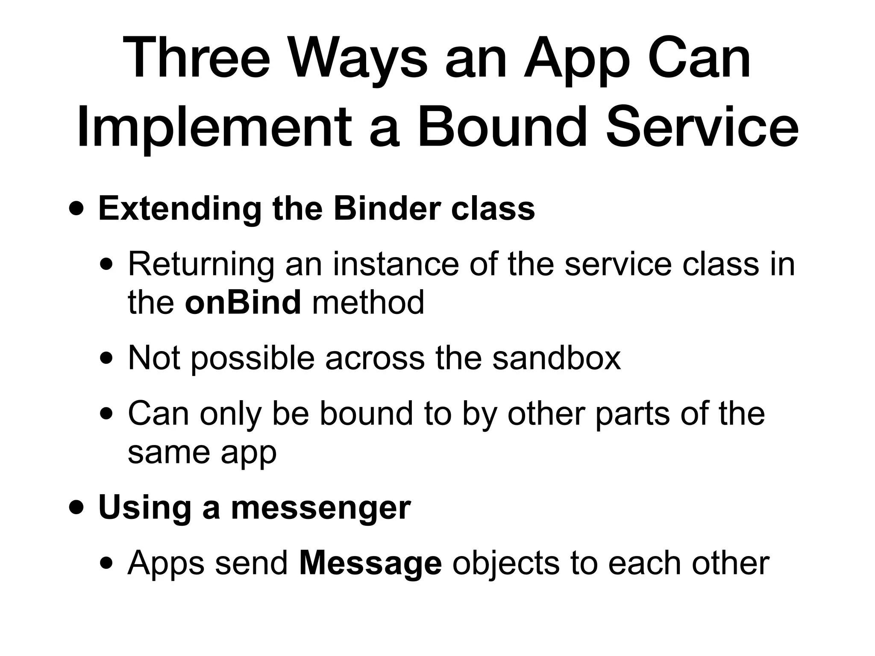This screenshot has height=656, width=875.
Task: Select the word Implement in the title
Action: pos(214,128)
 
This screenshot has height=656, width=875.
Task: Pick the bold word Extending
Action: pos(179,209)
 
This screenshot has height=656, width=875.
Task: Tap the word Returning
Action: pos(201,265)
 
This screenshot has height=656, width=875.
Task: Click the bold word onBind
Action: pos(243,302)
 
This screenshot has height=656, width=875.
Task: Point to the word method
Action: pos(368,302)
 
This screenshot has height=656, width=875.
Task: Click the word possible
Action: pos(253,359)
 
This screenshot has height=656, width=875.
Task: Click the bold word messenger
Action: pos(320,508)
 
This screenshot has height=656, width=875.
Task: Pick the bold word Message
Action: pos(370,564)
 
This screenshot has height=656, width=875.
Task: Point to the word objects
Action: pos(506,564)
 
